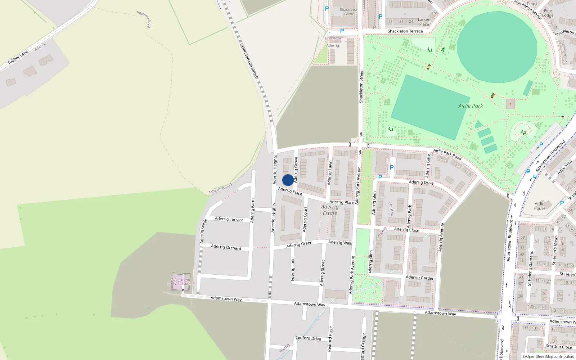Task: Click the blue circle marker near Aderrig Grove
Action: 288,180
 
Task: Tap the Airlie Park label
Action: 471,106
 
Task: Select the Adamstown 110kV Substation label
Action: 181,282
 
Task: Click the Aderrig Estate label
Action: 330,210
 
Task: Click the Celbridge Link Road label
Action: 249,61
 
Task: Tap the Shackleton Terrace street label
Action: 405,31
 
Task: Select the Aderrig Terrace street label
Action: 229,219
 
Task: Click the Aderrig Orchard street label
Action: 226,247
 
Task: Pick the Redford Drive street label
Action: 308,338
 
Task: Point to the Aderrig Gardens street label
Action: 421,278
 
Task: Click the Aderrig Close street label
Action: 406,230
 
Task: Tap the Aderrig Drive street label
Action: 421,183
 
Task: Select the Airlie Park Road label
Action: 447,154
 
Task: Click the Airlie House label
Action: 539,206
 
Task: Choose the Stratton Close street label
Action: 559,347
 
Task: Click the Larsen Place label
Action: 424,22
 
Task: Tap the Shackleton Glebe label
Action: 349,12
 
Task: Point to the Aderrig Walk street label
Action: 340,243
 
